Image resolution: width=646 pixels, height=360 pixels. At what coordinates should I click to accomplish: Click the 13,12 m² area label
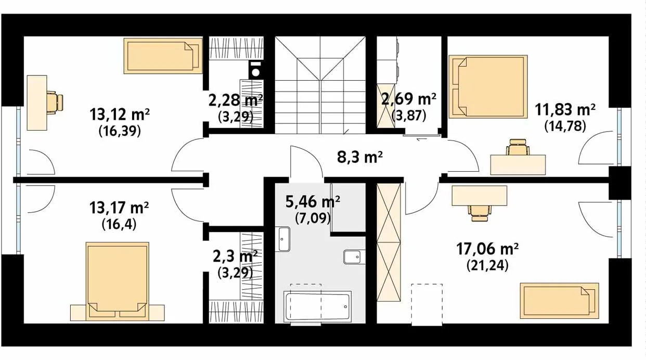[120, 114]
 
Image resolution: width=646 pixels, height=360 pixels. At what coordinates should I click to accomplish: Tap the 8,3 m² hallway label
[360, 157]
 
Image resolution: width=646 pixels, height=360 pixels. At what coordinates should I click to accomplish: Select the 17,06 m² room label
[487, 249]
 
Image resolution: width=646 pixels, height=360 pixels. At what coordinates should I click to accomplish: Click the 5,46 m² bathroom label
[313, 202]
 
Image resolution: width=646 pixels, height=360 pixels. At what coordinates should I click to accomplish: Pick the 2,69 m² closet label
[409, 99]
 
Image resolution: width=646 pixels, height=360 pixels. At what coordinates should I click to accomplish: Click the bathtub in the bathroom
[317, 306]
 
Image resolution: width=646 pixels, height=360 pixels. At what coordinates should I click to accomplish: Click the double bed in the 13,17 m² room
[118, 281]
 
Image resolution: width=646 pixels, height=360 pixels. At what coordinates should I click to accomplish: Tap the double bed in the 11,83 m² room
[488, 86]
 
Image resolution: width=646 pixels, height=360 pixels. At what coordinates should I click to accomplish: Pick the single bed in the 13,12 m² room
[163, 56]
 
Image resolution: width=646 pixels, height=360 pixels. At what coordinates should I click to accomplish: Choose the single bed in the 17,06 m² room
[560, 301]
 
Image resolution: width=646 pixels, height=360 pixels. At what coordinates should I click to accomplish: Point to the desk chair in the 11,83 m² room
[518, 147]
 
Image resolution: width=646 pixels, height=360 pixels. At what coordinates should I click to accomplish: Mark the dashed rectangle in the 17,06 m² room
[427, 305]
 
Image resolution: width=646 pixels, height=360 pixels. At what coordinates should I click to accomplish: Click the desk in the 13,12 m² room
[37, 102]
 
